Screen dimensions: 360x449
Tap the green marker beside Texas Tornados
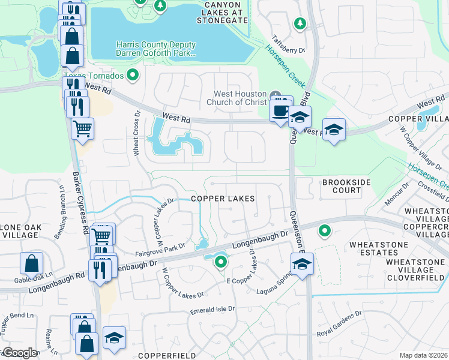tap(133, 76)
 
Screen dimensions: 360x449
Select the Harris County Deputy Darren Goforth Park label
tap(156, 49)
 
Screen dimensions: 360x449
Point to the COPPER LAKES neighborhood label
tap(223, 198)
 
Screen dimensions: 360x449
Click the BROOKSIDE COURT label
tap(342, 186)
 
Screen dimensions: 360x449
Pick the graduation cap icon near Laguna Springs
tap(303, 263)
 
